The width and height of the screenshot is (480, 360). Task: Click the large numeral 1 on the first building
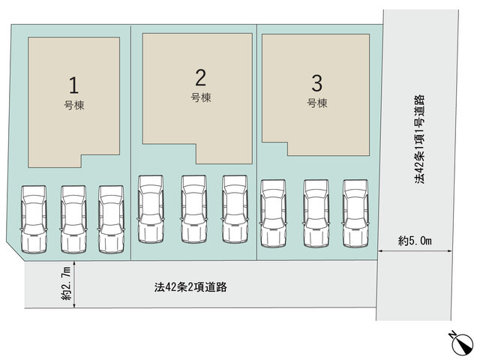tap(73, 85)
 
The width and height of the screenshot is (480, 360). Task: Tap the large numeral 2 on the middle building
tap(200, 78)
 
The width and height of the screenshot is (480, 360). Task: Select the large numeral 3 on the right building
tap(316, 83)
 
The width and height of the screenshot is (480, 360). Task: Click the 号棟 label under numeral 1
tap(74, 105)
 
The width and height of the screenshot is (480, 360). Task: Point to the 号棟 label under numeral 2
tap(201, 97)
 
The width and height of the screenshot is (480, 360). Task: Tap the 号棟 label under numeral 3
tap(317, 103)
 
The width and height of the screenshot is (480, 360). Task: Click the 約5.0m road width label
tap(415, 241)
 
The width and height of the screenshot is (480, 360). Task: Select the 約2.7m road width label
tap(66, 283)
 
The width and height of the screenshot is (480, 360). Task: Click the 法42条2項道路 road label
tap(190, 287)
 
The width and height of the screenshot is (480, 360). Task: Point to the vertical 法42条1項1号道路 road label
tap(420, 139)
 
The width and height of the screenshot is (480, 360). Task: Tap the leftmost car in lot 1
tap(34, 219)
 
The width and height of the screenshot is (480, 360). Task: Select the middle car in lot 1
tap(73, 219)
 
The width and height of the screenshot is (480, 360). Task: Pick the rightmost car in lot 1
tap(111, 219)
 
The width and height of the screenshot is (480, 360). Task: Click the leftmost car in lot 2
tap(151, 209)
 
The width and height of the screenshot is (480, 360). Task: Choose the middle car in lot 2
tap(193, 209)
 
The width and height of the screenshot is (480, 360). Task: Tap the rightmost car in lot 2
tap(235, 209)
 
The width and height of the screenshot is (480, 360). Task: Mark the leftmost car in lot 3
tap(273, 213)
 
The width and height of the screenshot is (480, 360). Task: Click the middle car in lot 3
tap(316, 213)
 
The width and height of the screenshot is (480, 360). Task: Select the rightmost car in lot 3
tap(355, 213)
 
